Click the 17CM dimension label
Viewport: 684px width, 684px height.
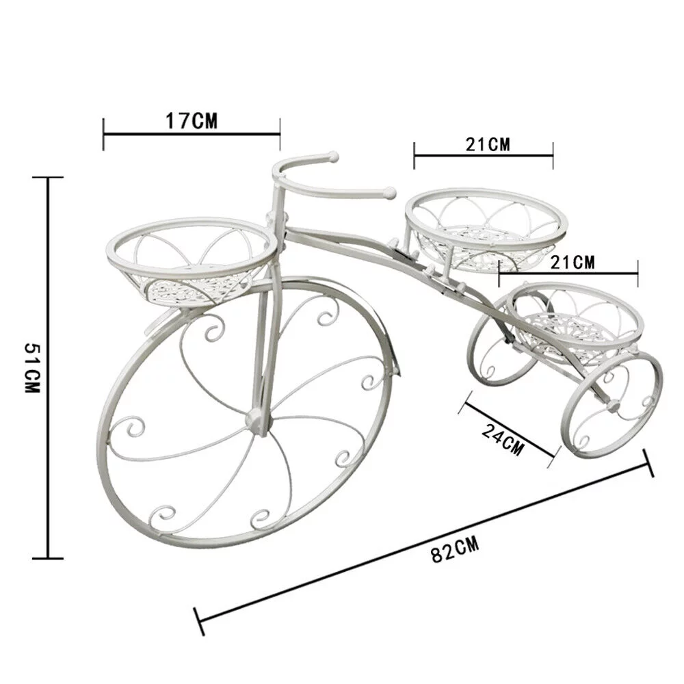click(x=191, y=122)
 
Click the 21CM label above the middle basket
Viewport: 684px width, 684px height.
click(x=488, y=144)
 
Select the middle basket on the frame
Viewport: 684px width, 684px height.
click(x=486, y=233)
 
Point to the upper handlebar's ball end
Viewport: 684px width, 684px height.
click(x=333, y=157)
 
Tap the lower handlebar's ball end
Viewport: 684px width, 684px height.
click(x=391, y=194)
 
